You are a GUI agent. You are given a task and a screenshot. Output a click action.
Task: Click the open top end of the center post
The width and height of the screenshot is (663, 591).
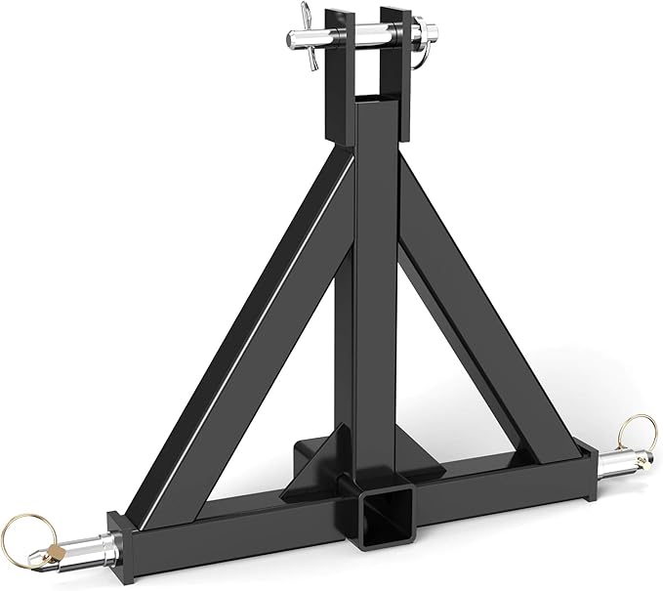point(376,102)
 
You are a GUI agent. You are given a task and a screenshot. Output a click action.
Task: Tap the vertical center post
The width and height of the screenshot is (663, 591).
point(375,293)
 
